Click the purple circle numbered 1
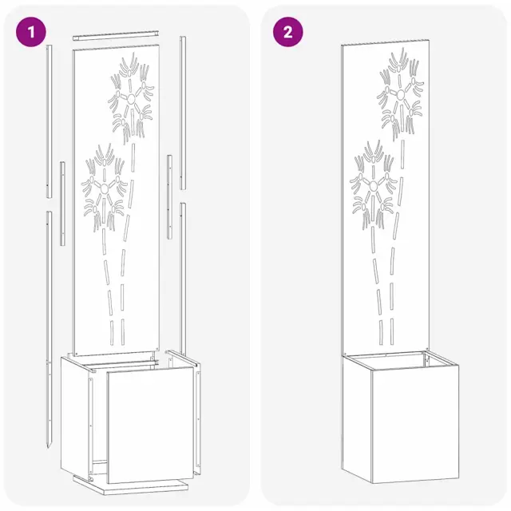pyautogui.click(x=31, y=32)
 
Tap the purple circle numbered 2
pyautogui.click(x=287, y=32)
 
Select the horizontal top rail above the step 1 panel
pyautogui.click(x=116, y=35)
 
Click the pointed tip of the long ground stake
pyautogui.click(x=50, y=447)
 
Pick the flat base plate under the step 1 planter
pyautogui.click(x=130, y=485)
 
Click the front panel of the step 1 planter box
pyautogui.click(x=151, y=426)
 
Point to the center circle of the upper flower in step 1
pyautogui.click(x=131, y=99)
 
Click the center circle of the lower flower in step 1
pyautogui.click(x=105, y=188)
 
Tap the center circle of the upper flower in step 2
pyautogui.click(x=401, y=94)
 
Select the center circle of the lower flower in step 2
pyautogui.click(x=374, y=186)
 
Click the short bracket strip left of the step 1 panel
pyautogui.click(x=62, y=204)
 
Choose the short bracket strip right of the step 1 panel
pyautogui.click(x=169, y=197)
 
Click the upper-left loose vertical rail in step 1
pyautogui.click(x=49, y=121)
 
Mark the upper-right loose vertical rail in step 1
pyautogui.click(x=183, y=113)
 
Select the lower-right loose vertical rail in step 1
pyautogui.click(x=183, y=279)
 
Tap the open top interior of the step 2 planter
pyautogui.click(x=401, y=361)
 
